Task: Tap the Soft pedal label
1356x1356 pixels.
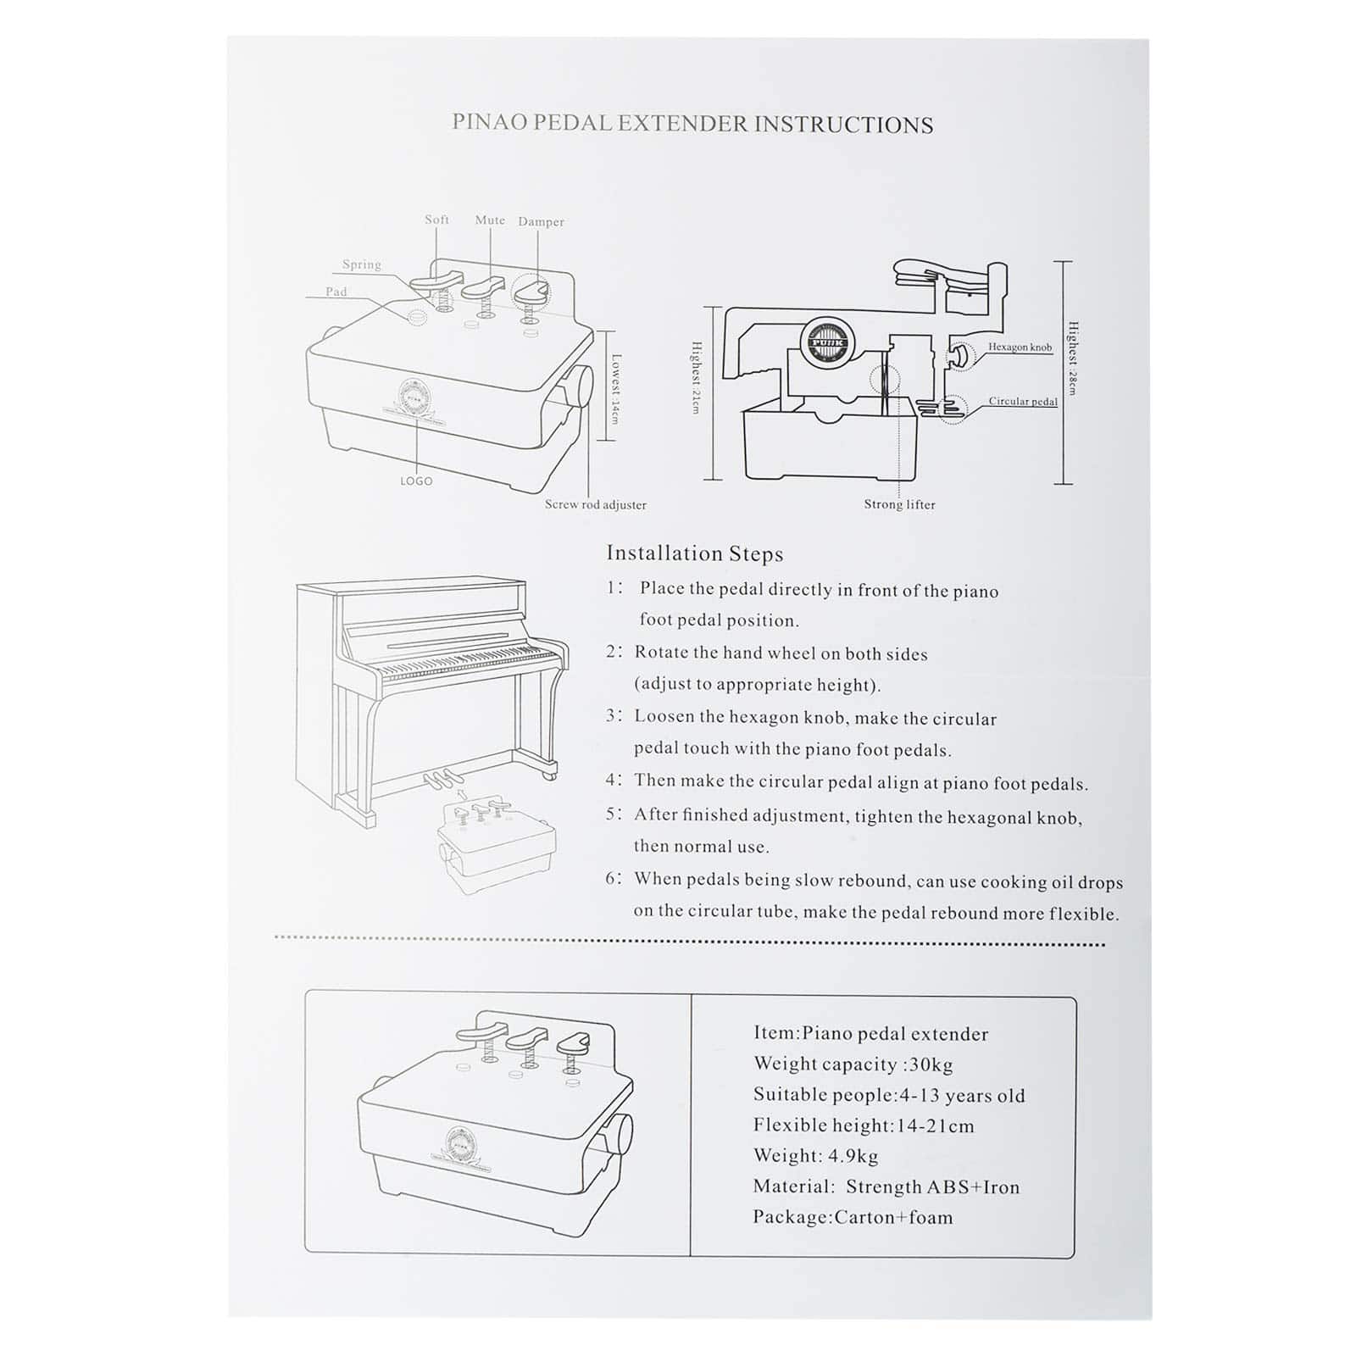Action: pyautogui.click(x=436, y=220)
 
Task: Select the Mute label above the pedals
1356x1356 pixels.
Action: pyautogui.click(x=490, y=220)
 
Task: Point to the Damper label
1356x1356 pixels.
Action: pyautogui.click(x=541, y=222)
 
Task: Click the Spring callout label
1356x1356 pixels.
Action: pyautogui.click(x=362, y=264)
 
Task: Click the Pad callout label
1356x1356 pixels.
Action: pyautogui.click(x=336, y=292)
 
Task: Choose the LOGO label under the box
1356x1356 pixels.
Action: pyautogui.click(x=416, y=481)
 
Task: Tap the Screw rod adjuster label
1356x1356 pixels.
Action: pyautogui.click(x=595, y=505)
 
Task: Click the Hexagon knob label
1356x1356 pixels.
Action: pyautogui.click(x=1020, y=347)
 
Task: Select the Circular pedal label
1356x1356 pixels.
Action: pyautogui.click(x=1023, y=402)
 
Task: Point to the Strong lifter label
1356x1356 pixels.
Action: pyautogui.click(x=899, y=505)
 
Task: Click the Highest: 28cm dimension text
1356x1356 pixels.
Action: pyautogui.click(x=1072, y=358)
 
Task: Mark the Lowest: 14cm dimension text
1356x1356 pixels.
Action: pyautogui.click(x=615, y=389)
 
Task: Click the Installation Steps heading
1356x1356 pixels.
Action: pyautogui.click(x=694, y=554)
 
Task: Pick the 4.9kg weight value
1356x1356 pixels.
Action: pyautogui.click(x=853, y=1156)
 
